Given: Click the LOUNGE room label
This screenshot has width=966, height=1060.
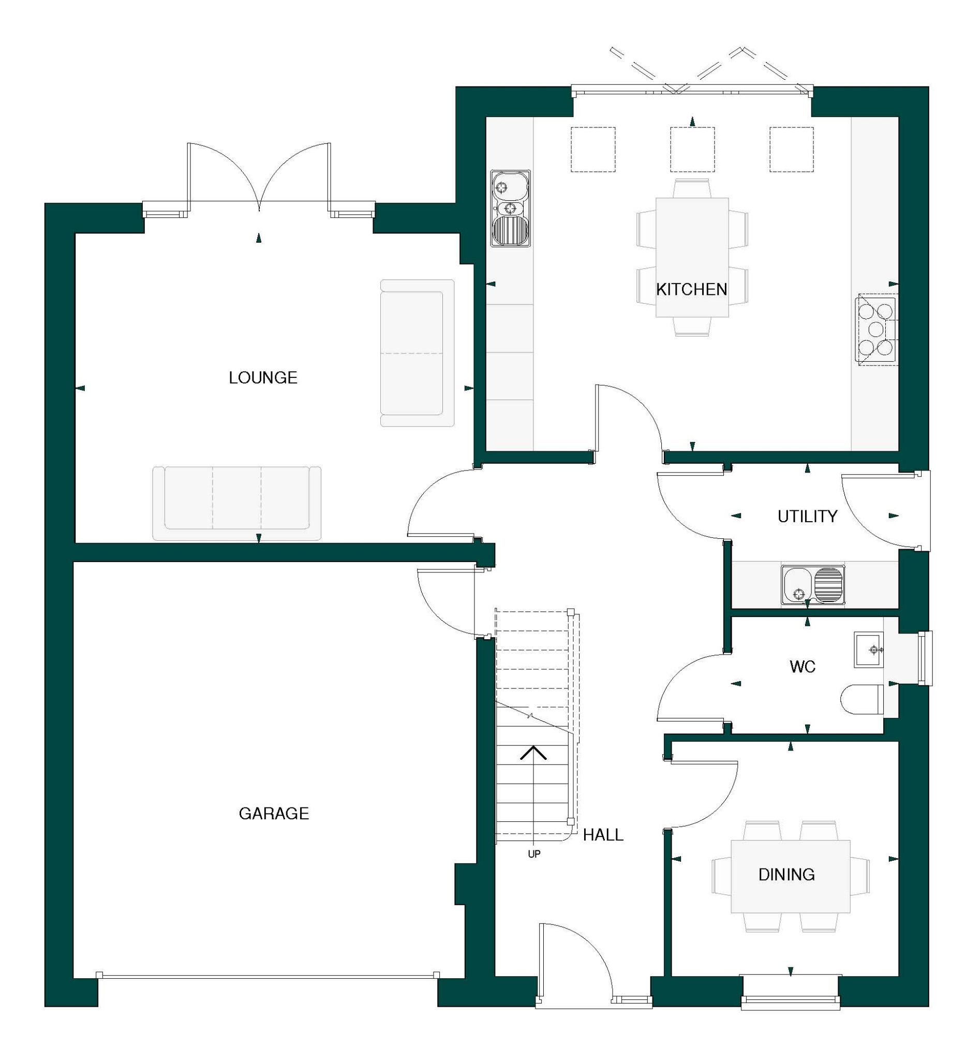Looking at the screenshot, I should pos(263,377).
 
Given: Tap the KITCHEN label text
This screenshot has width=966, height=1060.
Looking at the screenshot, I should pos(691,289).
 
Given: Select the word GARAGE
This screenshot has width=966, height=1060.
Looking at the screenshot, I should pos(273,814).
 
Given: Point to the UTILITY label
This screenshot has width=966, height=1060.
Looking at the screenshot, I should pos(807,517).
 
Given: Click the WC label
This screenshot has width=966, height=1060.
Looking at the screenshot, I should pos(802,667).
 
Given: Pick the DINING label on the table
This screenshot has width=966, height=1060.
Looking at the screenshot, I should pos(786,874).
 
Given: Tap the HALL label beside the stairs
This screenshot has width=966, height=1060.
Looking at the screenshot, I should pos(603,835).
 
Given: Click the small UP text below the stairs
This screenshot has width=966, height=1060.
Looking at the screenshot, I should pos(534,855).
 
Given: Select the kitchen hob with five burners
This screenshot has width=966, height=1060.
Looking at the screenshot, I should pos(875,329).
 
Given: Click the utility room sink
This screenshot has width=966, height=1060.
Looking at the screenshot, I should pos(812,585).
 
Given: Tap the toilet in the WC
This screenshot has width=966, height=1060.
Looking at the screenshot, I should pos(862,700).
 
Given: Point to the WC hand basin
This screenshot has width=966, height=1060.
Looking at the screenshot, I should pos(869,650).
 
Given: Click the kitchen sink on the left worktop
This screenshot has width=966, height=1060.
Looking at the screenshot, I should pos(510,208).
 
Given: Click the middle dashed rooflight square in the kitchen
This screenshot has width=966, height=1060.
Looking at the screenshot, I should pos(692,150).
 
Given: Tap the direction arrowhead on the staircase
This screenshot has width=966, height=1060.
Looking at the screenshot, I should pos(533,753).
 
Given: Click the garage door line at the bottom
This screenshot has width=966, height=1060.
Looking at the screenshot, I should pos(268,975).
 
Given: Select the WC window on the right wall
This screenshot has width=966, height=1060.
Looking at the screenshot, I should pos(925,658).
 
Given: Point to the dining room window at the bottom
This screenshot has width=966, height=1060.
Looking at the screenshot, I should pos(790,992).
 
